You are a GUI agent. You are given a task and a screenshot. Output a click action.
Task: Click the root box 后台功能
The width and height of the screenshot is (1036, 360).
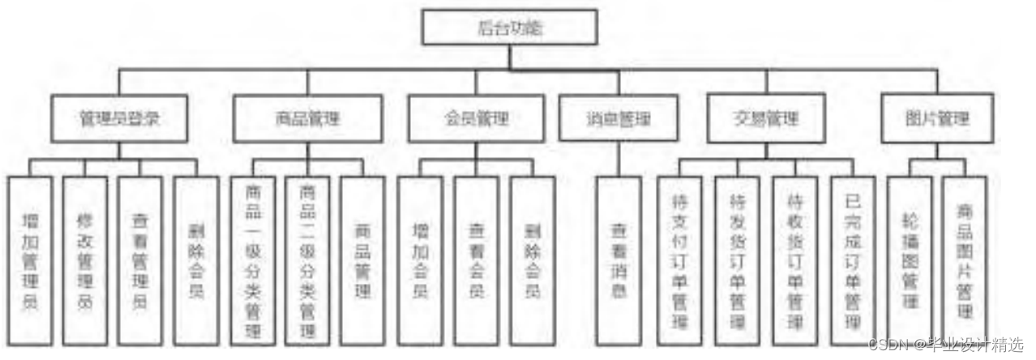pyautogui.click(x=509, y=28)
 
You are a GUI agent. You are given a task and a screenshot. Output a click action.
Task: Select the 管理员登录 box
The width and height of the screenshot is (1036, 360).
pyautogui.click(x=121, y=118)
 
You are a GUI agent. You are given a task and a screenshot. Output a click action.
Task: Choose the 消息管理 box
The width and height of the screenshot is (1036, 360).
pyautogui.click(x=619, y=118)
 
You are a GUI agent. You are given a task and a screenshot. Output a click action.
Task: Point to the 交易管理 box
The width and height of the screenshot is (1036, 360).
pyautogui.click(x=764, y=118)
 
